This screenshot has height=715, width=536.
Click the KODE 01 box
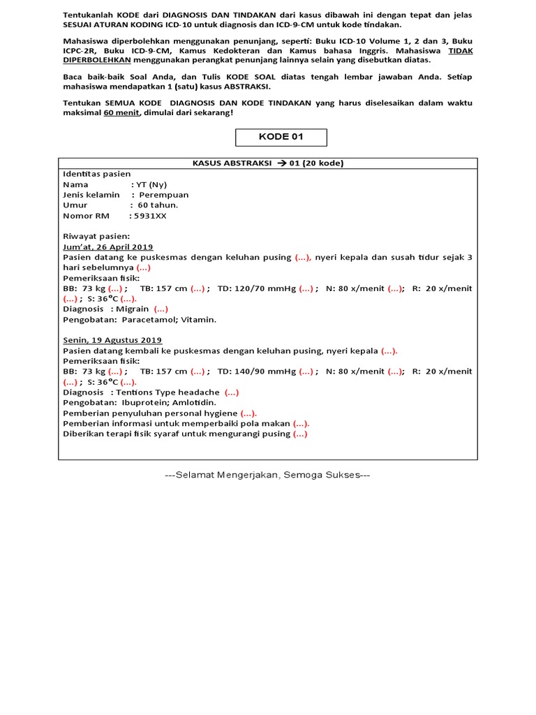coord(281,137)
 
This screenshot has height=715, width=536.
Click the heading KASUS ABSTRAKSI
coord(230,163)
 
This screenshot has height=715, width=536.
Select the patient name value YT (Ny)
coord(154,184)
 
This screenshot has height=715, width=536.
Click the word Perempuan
coord(164,195)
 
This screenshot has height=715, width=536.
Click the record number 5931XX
coord(149,216)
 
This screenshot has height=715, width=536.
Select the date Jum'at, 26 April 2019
coord(108,247)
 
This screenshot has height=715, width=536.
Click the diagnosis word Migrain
coord(133,309)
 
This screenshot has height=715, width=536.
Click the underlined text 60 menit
coord(121,113)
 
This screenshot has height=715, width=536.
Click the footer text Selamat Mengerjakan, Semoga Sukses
coord(267,475)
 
